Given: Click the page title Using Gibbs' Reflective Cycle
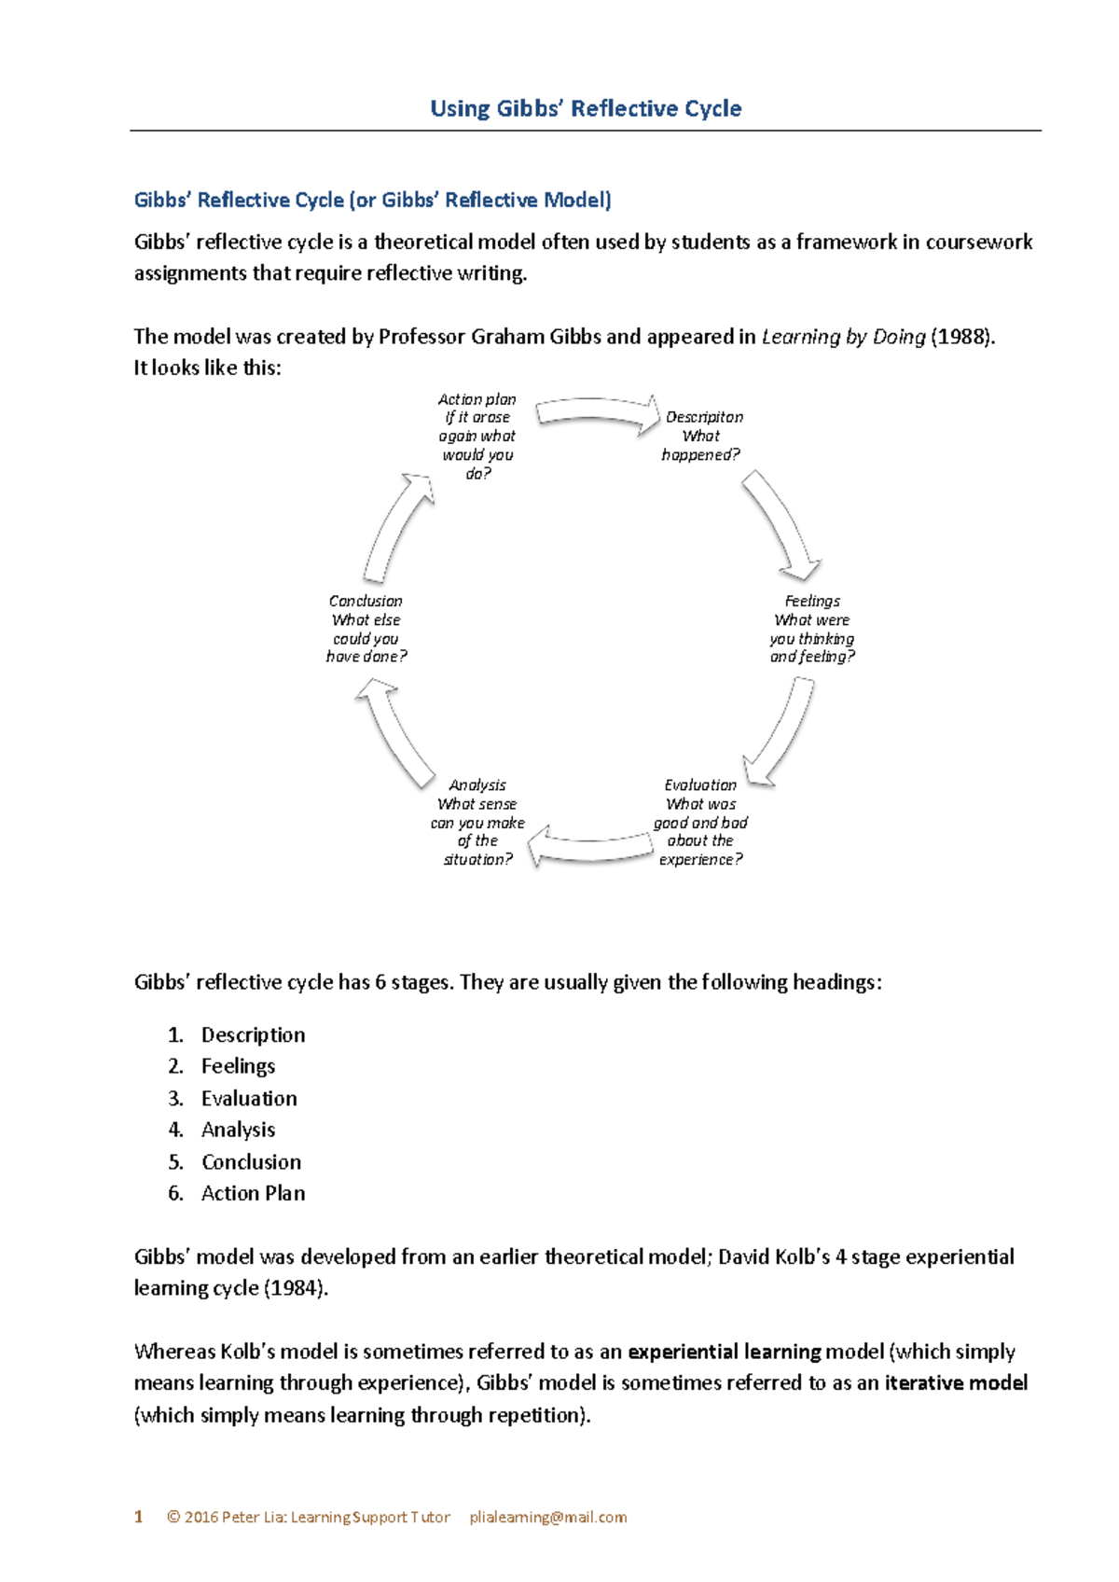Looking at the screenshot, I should click(x=586, y=109).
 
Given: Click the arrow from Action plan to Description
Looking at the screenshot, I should click(x=597, y=412).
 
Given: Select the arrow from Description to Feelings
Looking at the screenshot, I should click(x=781, y=523).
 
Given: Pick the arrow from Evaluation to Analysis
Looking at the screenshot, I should click(x=593, y=846).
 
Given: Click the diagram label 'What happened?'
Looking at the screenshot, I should click(x=700, y=446).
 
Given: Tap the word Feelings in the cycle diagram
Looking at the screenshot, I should click(x=812, y=602).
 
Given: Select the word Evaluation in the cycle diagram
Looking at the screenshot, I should click(x=700, y=785).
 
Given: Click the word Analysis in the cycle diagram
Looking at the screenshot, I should click(x=477, y=785).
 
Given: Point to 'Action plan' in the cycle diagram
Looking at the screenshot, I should click(x=477, y=399).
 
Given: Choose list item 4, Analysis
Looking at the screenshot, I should click(x=238, y=1130).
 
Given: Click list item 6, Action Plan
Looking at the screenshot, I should click(x=253, y=1193).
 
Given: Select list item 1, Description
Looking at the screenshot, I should click(x=253, y=1034).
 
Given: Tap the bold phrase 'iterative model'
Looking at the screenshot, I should click(x=956, y=1382).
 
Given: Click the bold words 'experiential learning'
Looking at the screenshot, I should click(x=725, y=1352).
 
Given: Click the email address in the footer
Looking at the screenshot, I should click(x=548, y=1518).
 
